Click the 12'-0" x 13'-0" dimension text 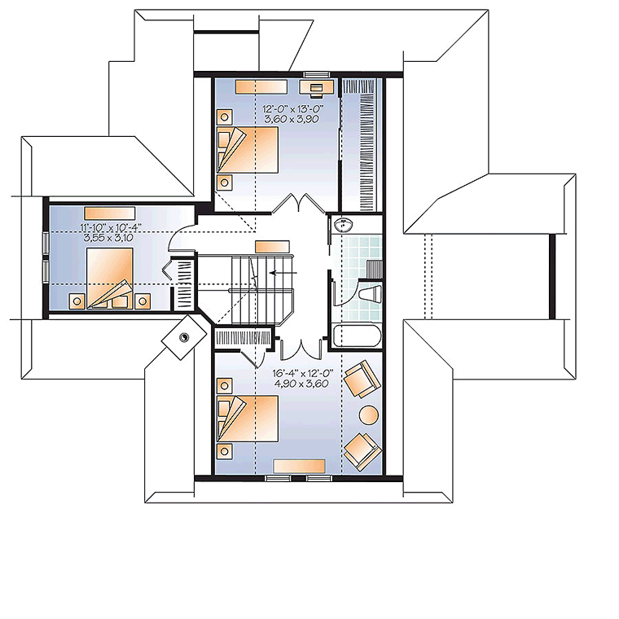pos(289,108)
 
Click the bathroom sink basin pos(342,225)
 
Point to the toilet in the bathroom pos(369,295)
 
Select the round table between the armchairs pos(369,414)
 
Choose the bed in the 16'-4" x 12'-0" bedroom pos(248,418)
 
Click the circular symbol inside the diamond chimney pos(183,335)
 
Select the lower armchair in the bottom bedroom pos(362,449)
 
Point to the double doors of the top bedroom pos(293,204)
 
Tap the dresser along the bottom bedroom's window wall pos(299,464)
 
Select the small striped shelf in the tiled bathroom pos(375,269)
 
